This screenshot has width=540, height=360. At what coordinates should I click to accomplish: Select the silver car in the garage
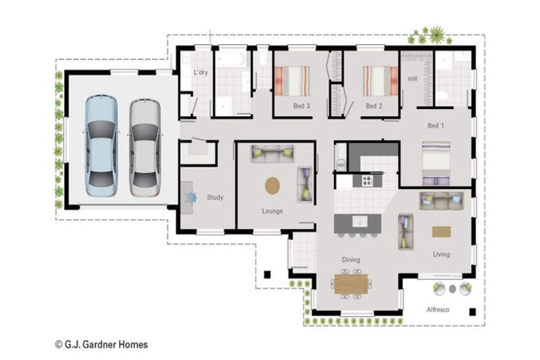145,146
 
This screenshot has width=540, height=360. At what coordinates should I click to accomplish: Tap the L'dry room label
200,73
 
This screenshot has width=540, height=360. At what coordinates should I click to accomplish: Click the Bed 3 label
302,106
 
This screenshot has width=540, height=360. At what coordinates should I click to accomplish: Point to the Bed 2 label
373,106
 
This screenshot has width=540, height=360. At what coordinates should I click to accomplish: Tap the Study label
214,198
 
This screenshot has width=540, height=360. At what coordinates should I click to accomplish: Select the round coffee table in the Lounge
272,186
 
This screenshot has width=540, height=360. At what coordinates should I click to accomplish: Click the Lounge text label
272,211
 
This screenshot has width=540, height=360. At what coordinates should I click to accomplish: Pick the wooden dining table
352,283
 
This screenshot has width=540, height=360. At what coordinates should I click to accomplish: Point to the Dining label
351,259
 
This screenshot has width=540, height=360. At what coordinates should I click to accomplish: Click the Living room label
441,255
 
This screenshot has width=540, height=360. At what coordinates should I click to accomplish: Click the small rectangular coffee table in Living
441,231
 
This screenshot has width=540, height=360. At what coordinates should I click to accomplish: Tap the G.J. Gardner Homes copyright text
101,345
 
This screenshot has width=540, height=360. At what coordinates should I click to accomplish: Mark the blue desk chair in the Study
191,198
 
